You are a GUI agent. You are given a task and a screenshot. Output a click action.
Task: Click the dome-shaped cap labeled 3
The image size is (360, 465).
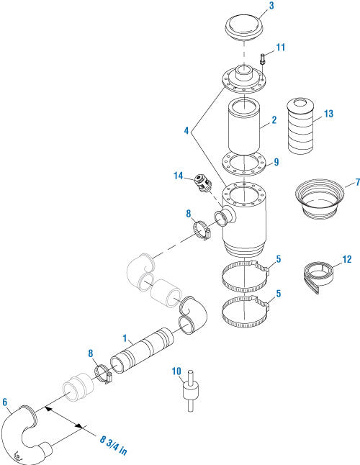[x=245, y=28]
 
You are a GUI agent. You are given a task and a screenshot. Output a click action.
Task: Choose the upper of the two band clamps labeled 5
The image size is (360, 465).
[x=245, y=275]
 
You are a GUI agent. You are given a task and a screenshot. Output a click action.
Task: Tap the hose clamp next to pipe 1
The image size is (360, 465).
[x=105, y=374]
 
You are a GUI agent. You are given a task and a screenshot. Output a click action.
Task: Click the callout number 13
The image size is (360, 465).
[x=328, y=114]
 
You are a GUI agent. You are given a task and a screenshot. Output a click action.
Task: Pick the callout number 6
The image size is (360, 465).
[x=5, y=402]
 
